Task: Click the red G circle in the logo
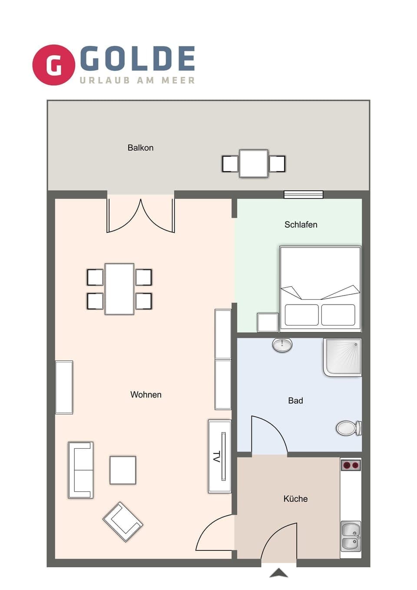(x=54, y=65)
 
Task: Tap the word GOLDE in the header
(x=137, y=59)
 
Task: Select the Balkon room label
(x=140, y=148)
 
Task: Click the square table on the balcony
(x=254, y=163)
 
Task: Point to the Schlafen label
(x=301, y=225)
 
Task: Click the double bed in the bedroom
(x=320, y=287)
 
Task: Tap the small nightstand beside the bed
(x=268, y=322)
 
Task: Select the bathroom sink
(x=282, y=345)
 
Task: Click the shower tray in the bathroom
(x=342, y=357)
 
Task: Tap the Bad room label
(x=295, y=401)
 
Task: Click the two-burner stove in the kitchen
(x=351, y=465)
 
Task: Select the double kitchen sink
(x=351, y=536)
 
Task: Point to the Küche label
(x=295, y=499)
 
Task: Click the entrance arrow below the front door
(x=278, y=573)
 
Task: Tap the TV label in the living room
(x=217, y=456)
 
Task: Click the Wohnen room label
(x=146, y=394)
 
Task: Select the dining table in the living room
(x=119, y=289)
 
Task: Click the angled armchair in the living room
(x=123, y=521)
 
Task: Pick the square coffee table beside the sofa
(x=123, y=470)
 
